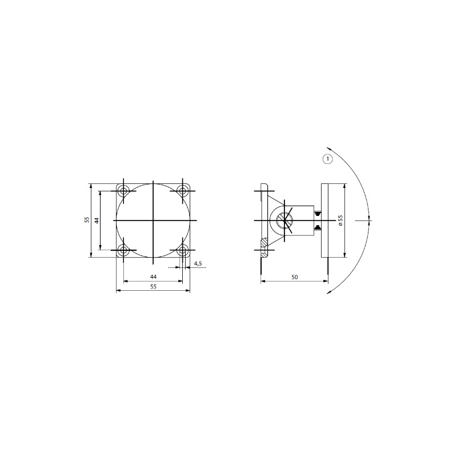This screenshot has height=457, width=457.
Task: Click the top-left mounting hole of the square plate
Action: [x=124, y=191]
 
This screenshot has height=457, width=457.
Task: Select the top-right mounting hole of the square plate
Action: [x=183, y=191]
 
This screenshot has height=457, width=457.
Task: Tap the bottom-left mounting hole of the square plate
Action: [x=124, y=250]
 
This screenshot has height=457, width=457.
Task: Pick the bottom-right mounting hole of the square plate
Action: [x=183, y=250]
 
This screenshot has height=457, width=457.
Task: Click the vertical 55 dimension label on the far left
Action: [x=87, y=220]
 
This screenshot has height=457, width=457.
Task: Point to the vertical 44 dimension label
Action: [x=97, y=220]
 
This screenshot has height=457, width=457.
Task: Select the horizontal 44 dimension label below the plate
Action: [x=153, y=276]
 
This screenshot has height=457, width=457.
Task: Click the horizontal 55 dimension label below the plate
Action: [x=153, y=287]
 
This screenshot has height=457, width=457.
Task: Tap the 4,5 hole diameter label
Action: [x=198, y=263]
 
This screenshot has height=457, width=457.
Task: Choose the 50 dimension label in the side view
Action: [x=295, y=276]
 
